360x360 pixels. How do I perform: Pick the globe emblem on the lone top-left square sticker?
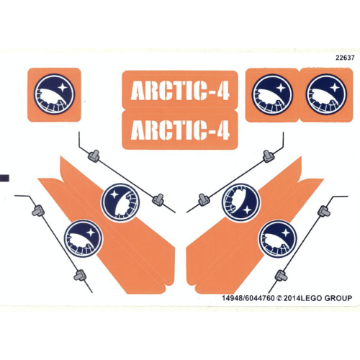click(54, 94)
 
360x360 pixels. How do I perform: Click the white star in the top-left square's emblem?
click(63, 86)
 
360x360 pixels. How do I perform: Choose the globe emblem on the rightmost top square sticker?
click(326, 94)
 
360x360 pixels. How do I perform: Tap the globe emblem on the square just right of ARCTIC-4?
click(272, 94)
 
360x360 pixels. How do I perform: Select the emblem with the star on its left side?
click(120, 203)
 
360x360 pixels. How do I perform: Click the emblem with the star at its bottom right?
click(240, 202)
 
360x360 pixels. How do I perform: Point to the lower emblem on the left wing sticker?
click(83, 239)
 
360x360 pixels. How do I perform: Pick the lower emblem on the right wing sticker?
click(277, 239)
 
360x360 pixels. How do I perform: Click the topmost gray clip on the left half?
click(94, 156)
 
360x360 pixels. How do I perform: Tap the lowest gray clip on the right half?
click(281, 275)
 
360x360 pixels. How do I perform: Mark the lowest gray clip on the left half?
click(81, 275)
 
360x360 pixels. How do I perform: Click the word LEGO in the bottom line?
click(311, 298)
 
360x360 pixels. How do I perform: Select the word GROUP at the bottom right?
click(338, 298)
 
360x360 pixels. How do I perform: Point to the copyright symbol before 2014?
click(279, 298)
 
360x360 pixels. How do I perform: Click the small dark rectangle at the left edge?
click(4, 178)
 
